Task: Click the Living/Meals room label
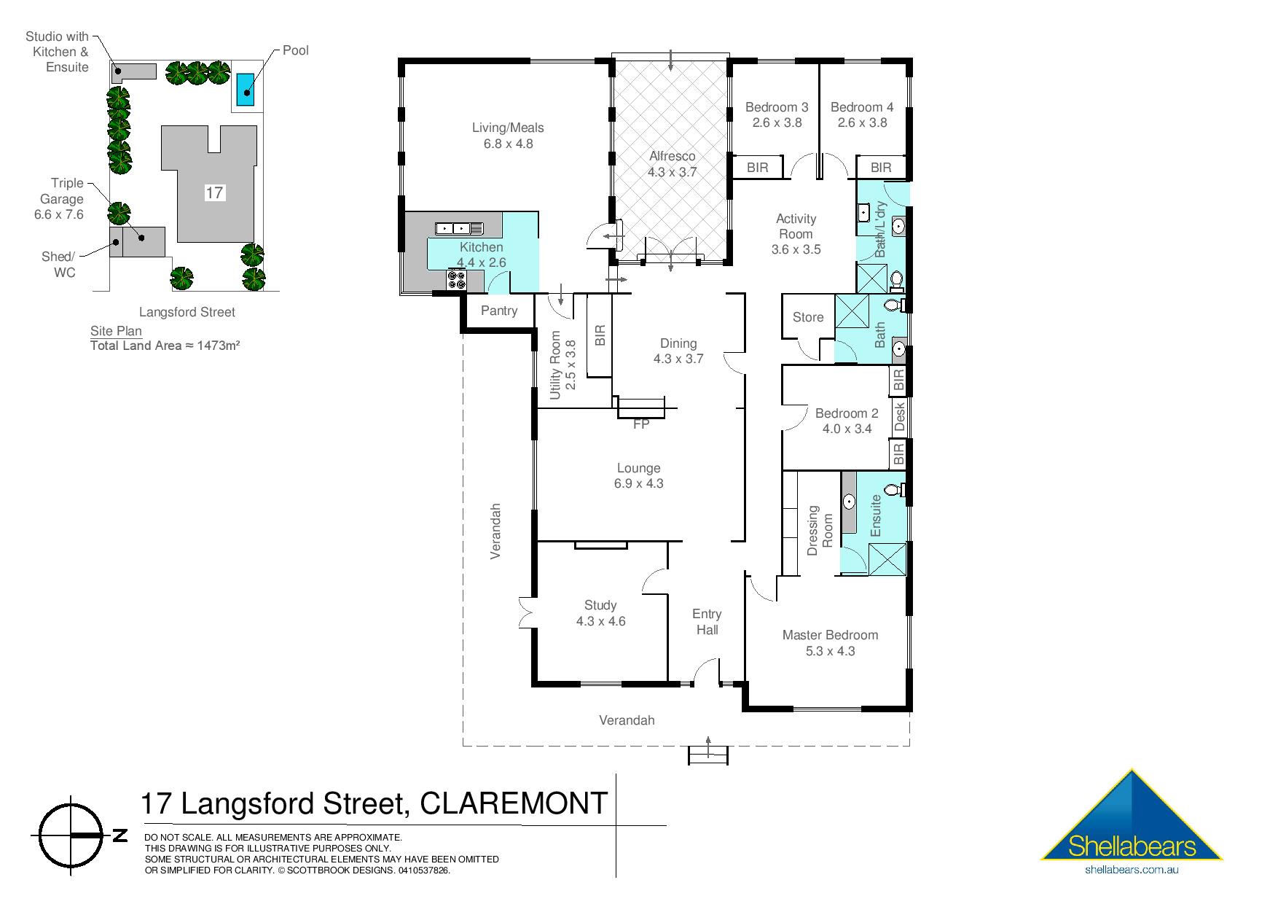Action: pyautogui.click(x=508, y=136)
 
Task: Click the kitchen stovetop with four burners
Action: pyautogui.click(x=457, y=280)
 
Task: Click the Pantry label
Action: pyautogui.click(x=499, y=311)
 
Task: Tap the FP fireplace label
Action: pyautogui.click(x=640, y=424)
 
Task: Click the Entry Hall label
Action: pyautogui.click(x=707, y=622)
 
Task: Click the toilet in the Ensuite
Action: pyautogui.click(x=895, y=490)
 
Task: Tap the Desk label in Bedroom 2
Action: pyautogui.click(x=899, y=417)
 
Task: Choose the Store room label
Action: pyautogui.click(x=808, y=317)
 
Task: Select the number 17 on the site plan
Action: pyautogui.click(x=214, y=192)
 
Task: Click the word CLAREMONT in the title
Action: pyautogui.click(x=514, y=804)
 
